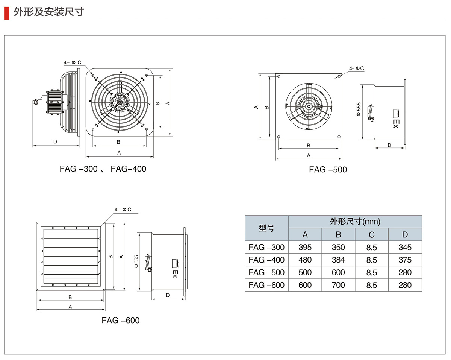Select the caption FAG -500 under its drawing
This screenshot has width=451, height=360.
(x=328, y=170)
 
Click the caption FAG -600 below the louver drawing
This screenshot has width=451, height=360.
(x=120, y=321)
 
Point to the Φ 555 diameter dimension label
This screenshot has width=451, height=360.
(x=359, y=109)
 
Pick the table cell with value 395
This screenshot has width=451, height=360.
(x=305, y=248)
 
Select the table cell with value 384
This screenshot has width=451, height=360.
(x=338, y=260)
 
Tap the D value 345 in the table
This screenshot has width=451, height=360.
(x=405, y=248)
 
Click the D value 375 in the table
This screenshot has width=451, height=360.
(x=405, y=260)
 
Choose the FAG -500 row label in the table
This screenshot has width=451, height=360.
(x=266, y=272)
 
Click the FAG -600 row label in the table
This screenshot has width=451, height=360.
(x=266, y=285)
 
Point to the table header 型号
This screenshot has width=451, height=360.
(x=266, y=228)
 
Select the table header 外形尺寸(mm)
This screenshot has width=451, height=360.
(x=355, y=222)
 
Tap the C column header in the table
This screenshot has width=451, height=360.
(x=371, y=235)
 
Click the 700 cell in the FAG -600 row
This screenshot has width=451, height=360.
(x=338, y=285)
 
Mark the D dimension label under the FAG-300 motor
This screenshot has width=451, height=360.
(x=55, y=142)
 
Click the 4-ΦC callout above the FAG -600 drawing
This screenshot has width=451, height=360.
(x=123, y=210)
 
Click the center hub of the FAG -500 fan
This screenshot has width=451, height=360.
(x=309, y=106)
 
